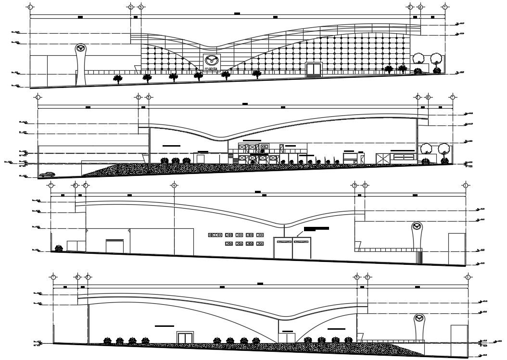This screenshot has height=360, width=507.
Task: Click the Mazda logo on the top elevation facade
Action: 212,61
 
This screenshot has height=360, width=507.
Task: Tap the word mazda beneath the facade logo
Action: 211,69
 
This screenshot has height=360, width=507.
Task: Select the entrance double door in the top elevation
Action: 314,70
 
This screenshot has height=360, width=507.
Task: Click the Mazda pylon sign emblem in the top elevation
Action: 80,49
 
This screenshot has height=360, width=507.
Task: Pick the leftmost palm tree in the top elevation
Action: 117,79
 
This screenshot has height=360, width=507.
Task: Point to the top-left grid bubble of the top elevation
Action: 30,7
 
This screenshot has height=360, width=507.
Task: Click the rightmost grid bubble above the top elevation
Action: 444,7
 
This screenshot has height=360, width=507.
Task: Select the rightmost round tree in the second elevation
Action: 444,150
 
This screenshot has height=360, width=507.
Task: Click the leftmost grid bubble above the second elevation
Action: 38,97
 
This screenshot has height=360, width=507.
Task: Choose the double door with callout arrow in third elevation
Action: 292,248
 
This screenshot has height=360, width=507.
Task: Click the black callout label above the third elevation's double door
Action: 316,228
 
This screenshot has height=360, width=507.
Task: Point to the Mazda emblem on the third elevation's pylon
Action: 417,226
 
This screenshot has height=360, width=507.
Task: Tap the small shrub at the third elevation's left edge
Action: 59,248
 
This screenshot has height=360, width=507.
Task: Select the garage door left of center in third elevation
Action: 115,246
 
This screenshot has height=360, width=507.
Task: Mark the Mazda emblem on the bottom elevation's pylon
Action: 419,318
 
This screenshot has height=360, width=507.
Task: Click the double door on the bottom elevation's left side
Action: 185,338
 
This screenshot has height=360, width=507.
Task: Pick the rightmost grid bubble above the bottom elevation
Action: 468,277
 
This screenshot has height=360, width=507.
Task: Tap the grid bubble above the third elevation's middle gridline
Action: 174,185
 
